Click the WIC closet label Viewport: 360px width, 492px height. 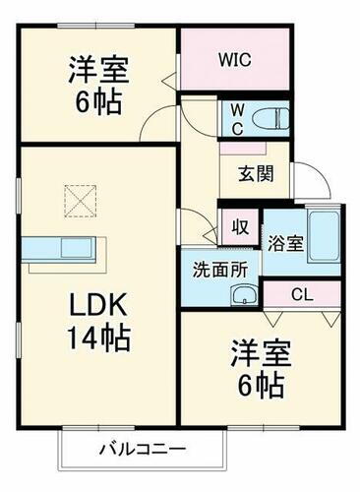click(234, 60)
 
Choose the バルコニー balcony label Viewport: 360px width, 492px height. click(142, 450)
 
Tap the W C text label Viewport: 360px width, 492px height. click(237, 117)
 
